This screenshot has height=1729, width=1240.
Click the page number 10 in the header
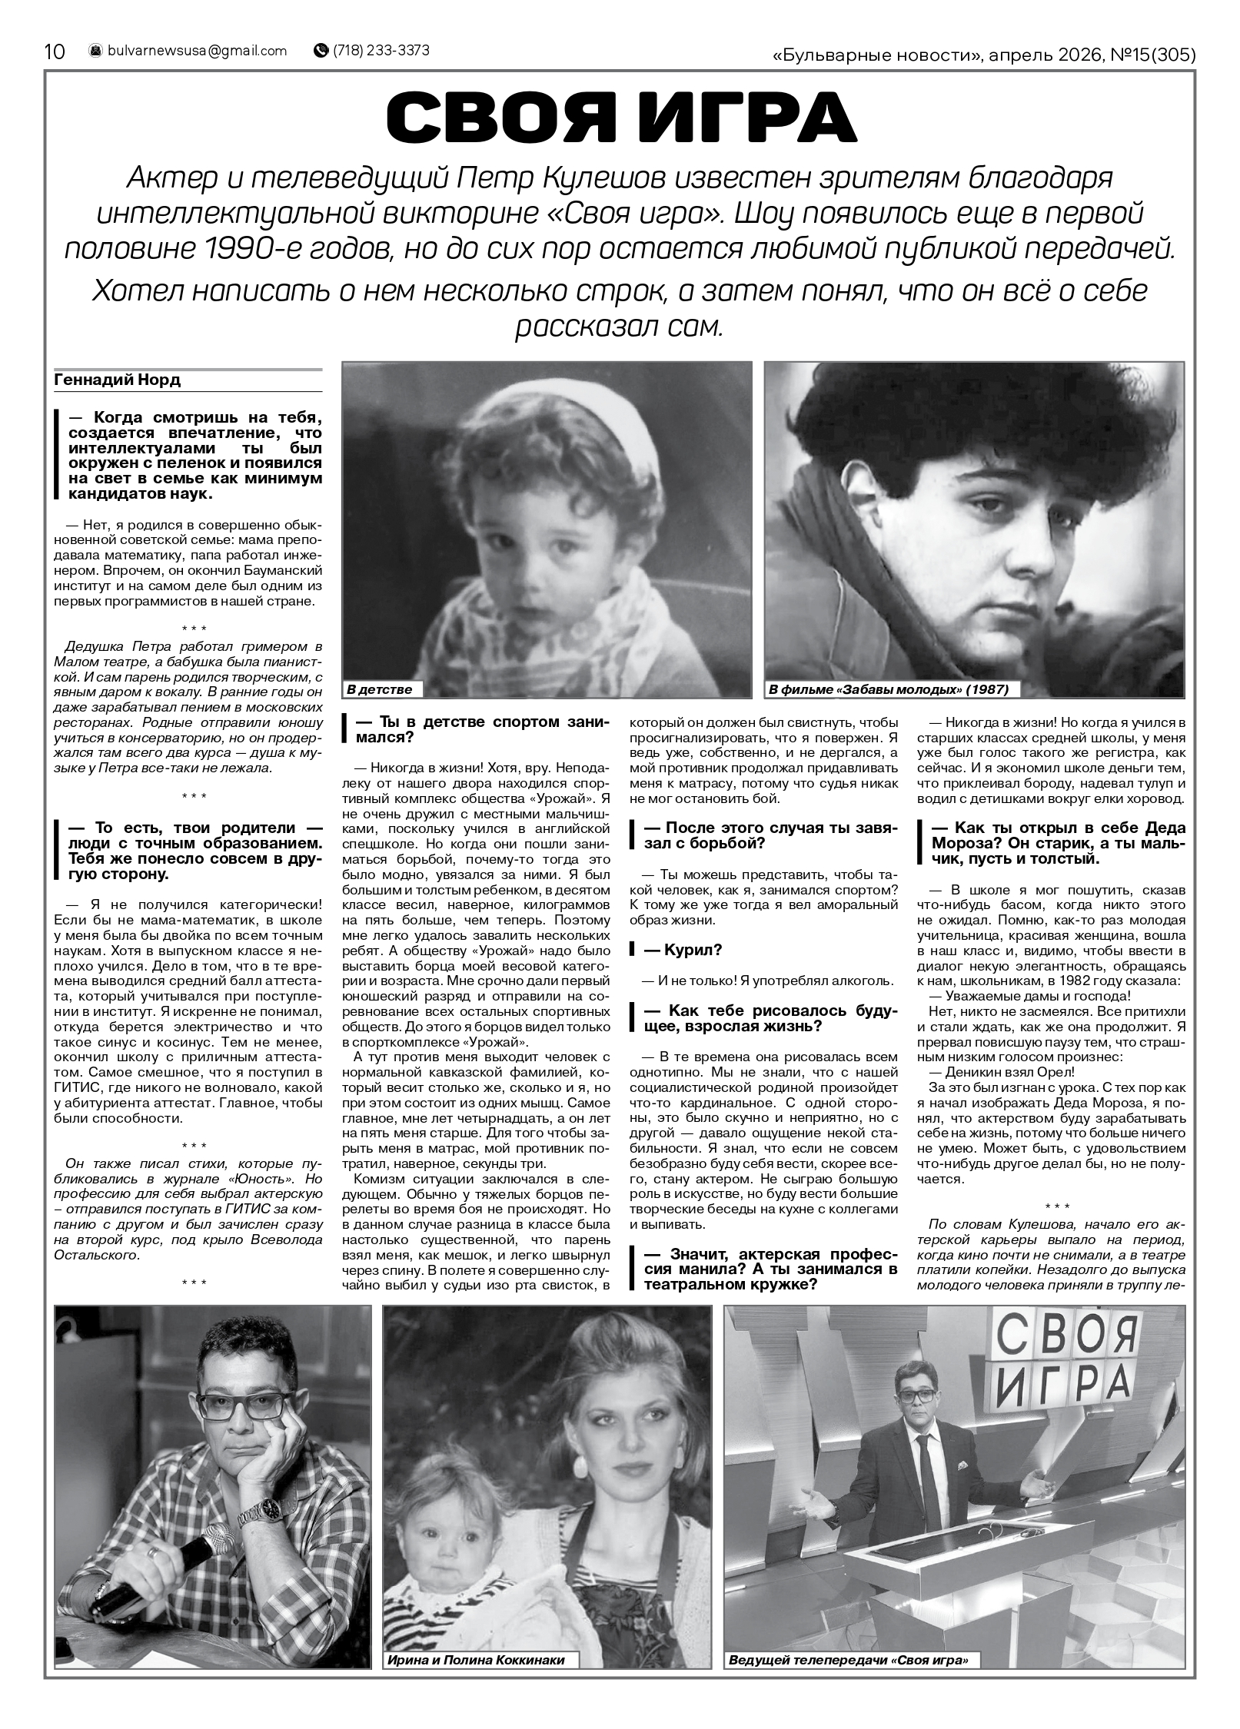pos(55,51)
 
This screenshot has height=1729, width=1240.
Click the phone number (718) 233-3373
pos(381,51)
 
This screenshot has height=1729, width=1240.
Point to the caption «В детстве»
pos(380,689)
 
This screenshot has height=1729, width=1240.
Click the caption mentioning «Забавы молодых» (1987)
pos(889,689)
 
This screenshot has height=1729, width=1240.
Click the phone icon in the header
pos(321,51)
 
